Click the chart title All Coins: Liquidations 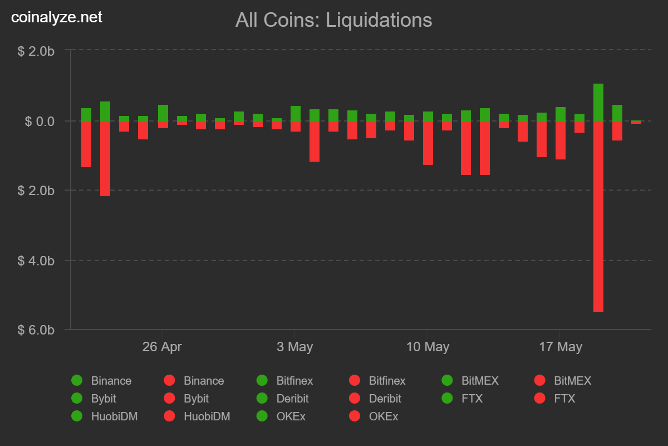click(x=333, y=20)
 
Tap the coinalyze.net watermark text click(x=57, y=17)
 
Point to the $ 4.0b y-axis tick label click(x=36, y=260)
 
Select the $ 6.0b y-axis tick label click(x=36, y=329)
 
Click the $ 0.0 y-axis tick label click(x=40, y=121)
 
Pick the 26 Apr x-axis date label click(x=162, y=347)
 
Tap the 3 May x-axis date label click(x=294, y=347)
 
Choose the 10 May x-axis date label click(x=428, y=347)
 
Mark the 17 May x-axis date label click(x=561, y=347)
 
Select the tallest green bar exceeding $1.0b click(x=598, y=103)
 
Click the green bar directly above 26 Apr click(x=163, y=113)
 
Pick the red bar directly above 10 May click(x=428, y=143)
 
